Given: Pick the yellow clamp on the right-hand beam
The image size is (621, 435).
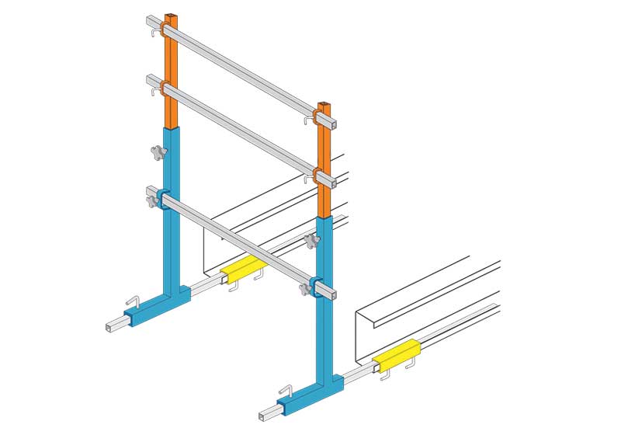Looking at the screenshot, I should [x=396, y=355].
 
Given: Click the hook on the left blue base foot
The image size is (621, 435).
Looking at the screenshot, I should [x=132, y=301].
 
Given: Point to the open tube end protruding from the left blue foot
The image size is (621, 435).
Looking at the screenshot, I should [x=109, y=326].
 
